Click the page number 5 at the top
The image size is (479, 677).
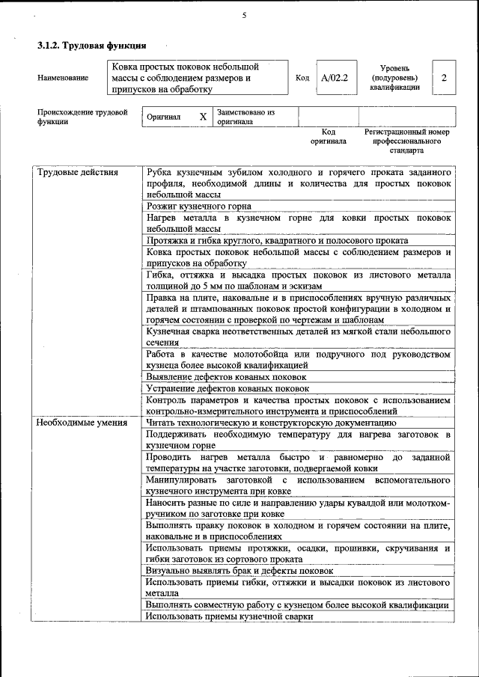(x=244, y=16)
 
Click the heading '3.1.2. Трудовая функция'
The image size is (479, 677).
(x=91, y=46)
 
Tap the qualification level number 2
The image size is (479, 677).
(x=445, y=78)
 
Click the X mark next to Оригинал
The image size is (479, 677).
(x=203, y=117)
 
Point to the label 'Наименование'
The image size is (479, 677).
(x=62, y=78)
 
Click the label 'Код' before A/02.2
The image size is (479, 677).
(x=302, y=78)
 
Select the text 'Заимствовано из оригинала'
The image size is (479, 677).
(x=246, y=117)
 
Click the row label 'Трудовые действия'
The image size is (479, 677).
(x=78, y=172)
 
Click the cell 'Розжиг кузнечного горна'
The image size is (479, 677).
(x=198, y=206)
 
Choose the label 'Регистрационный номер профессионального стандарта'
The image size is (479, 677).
(x=406, y=140)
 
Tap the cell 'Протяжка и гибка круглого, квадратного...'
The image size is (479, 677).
(x=277, y=240)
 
